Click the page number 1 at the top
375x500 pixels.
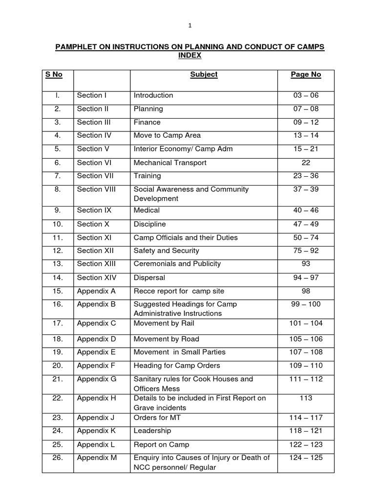(189, 26)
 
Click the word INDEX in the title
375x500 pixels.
(189, 56)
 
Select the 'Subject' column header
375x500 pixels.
(204, 75)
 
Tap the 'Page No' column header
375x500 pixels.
(306, 75)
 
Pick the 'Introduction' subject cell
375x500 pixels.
(153, 95)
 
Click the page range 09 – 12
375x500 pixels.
(306, 122)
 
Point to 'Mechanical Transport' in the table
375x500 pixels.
(170, 163)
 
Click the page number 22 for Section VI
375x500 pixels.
(306, 163)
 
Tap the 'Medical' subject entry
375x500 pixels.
(146, 210)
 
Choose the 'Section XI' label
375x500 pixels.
(95, 237)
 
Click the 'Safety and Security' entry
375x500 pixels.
(167, 250)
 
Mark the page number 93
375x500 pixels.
(306, 264)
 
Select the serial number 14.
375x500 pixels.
(58, 277)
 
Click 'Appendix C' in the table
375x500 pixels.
(97, 323)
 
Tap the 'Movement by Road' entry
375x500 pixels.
(167, 339)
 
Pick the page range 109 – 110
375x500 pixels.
(306, 365)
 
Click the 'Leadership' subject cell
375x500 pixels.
(152, 431)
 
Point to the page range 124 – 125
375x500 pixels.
(306, 458)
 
